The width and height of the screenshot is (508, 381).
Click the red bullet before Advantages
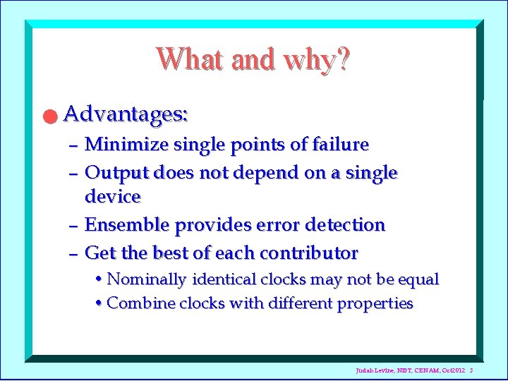click(x=48, y=116)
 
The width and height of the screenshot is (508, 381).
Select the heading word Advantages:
click(x=126, y=113)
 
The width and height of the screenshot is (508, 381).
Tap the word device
click(x=112, y=196)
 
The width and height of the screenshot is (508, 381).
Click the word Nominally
click(x=147, y=279)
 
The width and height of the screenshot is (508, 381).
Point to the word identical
click(x=224, y=279)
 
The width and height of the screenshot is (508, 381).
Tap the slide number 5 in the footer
click(x=471, y=370)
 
